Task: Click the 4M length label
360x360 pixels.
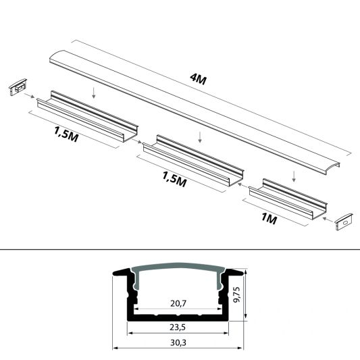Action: point(199,80)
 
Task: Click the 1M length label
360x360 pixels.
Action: point(269,219)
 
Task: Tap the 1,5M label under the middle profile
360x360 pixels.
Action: point(174,180)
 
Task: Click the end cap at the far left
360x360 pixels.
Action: point(17,88)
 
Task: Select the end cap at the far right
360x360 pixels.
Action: point(344,220)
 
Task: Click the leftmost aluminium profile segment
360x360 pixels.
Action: point(88,118)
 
